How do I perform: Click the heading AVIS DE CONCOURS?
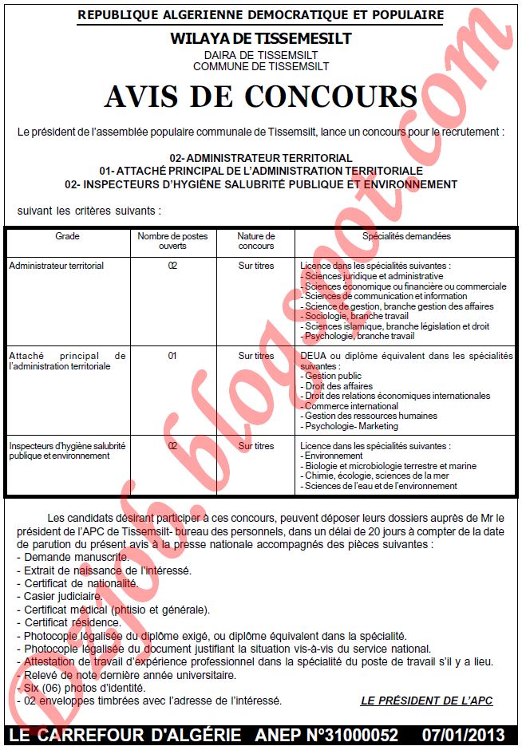point(260,97)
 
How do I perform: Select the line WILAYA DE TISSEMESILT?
point(260,38)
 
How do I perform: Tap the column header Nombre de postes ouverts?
point(172,241)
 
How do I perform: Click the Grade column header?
point(67,236)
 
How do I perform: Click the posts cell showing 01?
point(172,356)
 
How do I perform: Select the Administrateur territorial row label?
point(57,266)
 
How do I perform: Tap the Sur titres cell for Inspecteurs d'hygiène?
point(255,446)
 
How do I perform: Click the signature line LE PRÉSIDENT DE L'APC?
point(426,701)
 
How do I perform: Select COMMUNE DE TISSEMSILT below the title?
point(260,66)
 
